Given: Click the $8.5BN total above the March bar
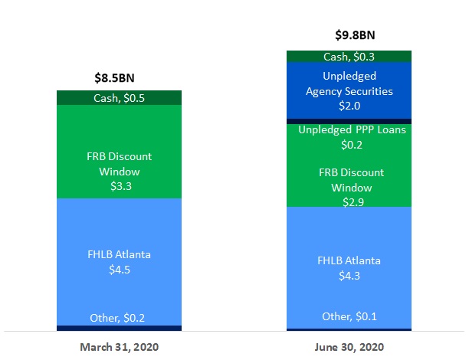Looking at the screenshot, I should coord(118,77).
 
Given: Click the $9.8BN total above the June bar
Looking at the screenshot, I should coord(348,35).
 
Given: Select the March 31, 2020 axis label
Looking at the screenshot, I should coord(119,347).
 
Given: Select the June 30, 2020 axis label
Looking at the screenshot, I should coord(349,347).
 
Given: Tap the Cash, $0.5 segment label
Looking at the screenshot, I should coord(118,97).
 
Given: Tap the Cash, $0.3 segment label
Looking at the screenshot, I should coord(348,56).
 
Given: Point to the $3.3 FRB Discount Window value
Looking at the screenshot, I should coord(119,185).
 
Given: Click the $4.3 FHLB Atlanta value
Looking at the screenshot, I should coord(349,275).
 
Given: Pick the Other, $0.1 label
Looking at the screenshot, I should coord(348,316).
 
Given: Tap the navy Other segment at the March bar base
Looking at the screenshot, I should coord(118,328).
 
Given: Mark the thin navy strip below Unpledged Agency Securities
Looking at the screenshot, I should coord(348,121).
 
